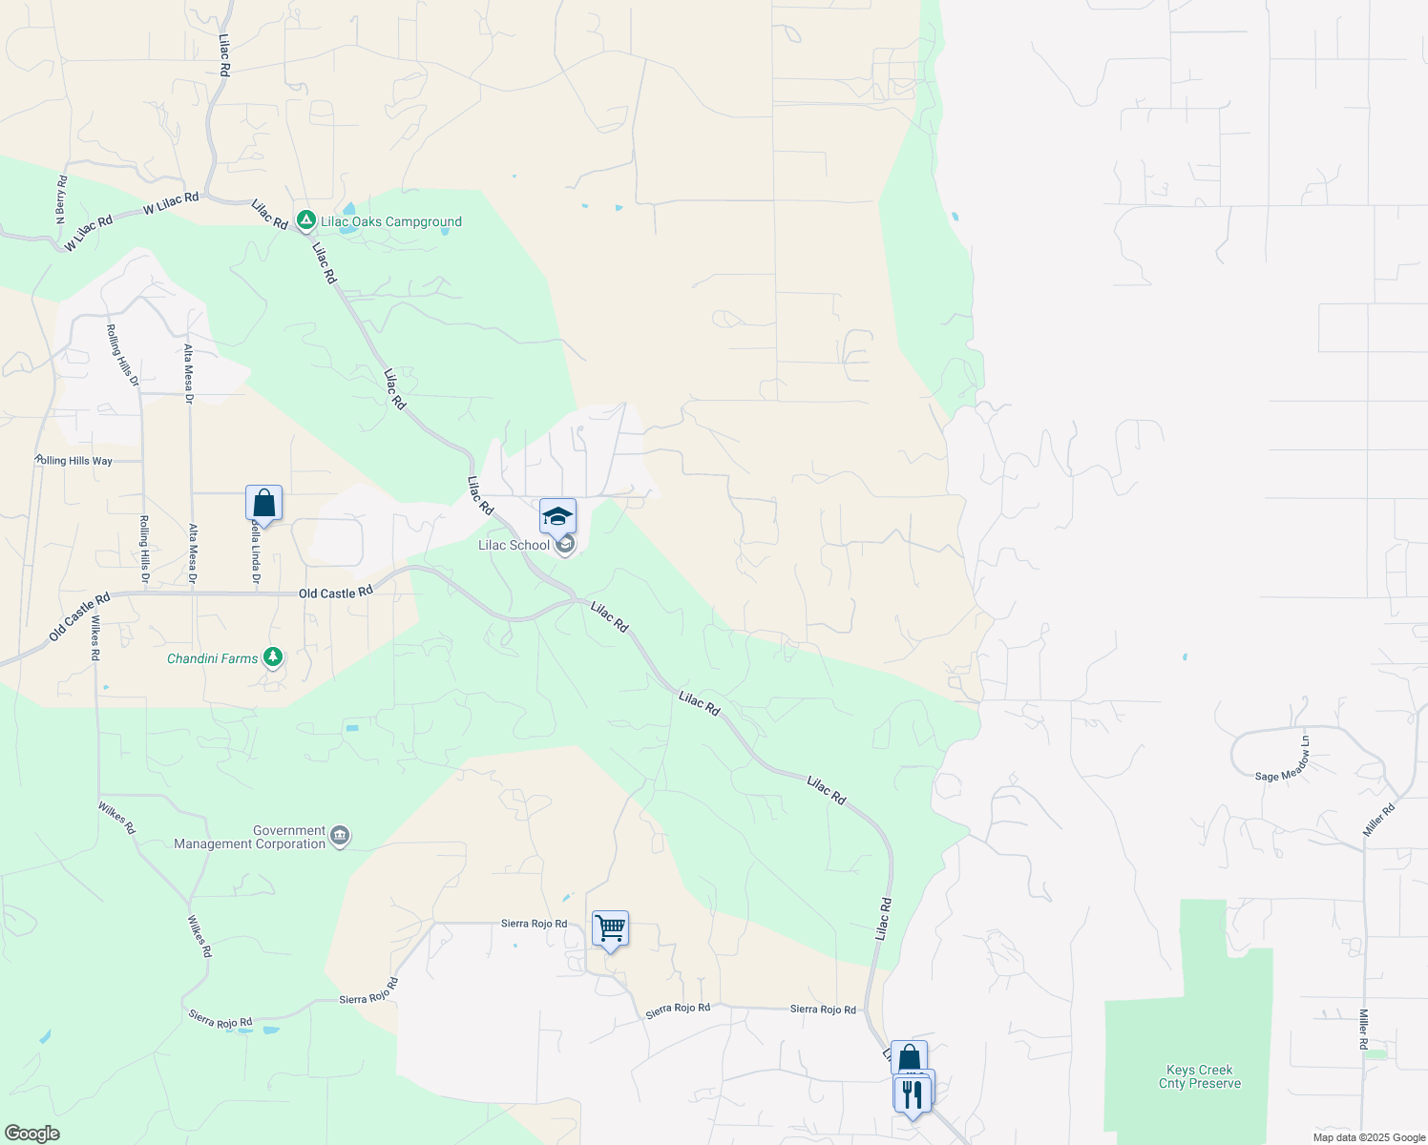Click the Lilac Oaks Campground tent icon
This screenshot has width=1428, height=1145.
(305, 221)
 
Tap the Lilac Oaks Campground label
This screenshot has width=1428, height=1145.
(391, 221)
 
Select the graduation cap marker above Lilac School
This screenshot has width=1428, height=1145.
(557, 517)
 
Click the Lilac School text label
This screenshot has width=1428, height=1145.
(514, 545)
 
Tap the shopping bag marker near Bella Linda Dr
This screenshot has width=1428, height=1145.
(263, 504)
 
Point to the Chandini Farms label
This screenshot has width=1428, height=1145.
(212, 658)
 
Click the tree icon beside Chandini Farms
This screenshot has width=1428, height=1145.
(273, 656)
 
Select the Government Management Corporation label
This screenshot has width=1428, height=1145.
(250, 837)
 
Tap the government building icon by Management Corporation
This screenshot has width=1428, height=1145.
(340, 837)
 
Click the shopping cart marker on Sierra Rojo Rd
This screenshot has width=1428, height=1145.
(610, 928)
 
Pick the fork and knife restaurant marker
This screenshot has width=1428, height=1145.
(912, 1093)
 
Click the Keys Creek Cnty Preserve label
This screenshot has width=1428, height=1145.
(1200, 1076)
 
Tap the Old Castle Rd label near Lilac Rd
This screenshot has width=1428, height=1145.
(335, 593)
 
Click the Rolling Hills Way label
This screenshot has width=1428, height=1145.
(73, 460)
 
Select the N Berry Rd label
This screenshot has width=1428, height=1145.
(61, 199)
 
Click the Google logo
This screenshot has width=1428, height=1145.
(32, 1134)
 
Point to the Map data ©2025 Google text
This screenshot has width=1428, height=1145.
(1369, 1136)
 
